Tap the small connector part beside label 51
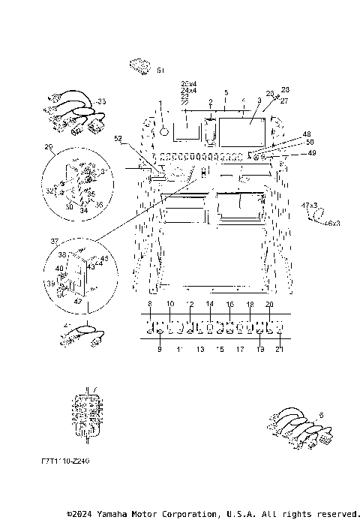click(x=140, y=67)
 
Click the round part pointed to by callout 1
click(x=161, y=131)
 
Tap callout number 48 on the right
click(x=286, y=135)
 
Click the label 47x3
click(x=310, y=205)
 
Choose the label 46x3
click(x=332, y=223)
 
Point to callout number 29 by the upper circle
click(x=49, y=146)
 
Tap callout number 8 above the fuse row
click(x=150, y=303)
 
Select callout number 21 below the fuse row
click(x=280, y=350)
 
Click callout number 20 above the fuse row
click(x=269, y=303)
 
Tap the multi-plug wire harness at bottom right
click(x=300, y=428)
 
